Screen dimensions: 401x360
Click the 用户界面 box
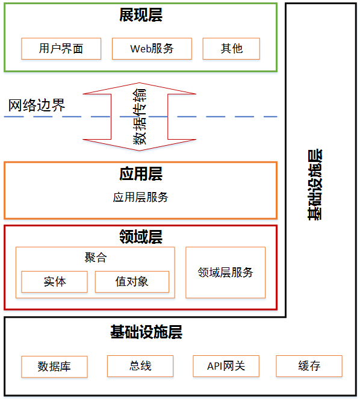pos(61,49)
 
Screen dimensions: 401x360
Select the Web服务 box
pos(152,49)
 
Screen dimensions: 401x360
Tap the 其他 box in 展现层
pos(231,49)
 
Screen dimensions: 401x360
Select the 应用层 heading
pos(140,174)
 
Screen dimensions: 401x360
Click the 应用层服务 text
pos(140,197)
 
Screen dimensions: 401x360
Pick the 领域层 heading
pos(140,236)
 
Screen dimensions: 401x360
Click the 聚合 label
pos(95,258)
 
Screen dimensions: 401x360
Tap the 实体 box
pos(54,281)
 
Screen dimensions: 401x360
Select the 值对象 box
pos(132,281)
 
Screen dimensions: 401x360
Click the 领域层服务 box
pos(225,272)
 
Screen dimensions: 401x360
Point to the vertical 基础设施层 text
pos(315,184)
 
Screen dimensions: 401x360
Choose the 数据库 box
pos(54,366)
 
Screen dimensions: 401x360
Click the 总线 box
pos(140,365)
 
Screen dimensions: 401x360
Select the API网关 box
pos(226,365)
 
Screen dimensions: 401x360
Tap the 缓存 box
pos(309,365)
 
